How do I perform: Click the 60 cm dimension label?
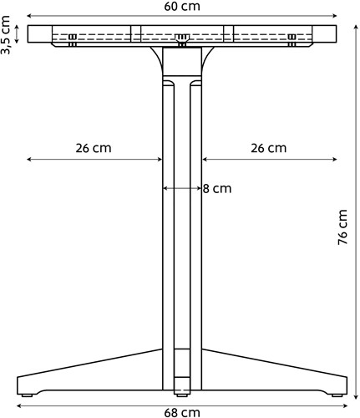182,6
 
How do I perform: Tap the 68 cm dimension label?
182,412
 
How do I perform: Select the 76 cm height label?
342,227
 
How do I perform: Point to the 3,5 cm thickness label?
6,35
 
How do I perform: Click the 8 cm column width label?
217,189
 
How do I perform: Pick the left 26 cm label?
94,148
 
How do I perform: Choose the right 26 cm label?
268,148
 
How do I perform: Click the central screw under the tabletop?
182,40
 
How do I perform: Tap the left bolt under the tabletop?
73,40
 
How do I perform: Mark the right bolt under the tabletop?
292,40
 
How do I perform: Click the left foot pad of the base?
27,395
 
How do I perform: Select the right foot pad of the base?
337,395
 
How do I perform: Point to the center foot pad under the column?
182,395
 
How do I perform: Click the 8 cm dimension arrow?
182,189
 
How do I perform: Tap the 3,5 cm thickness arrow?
17,34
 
